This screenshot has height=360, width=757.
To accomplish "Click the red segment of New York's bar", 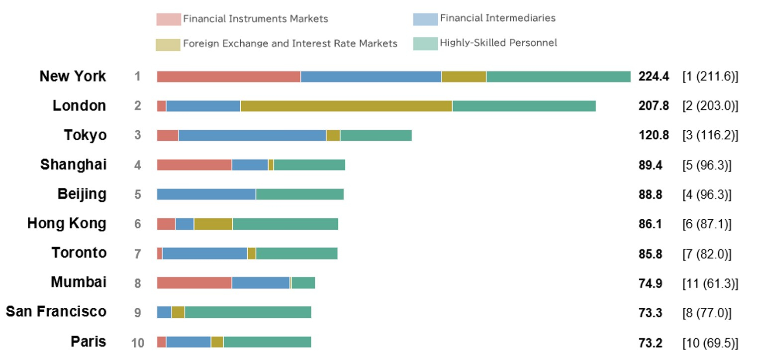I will click(x=228, y=77).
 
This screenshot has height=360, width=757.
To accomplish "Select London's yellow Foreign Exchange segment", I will click(x=346, y=106).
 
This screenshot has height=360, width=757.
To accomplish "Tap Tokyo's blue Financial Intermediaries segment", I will click(x=252, y=135).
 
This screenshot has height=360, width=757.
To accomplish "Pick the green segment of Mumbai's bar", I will click(x=303, y=283).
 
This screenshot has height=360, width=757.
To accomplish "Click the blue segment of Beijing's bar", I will click(x=206, y=194).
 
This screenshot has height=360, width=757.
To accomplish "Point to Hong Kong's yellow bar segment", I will click(x=213, y=224).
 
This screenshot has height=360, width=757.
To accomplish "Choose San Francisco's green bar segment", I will click(x=248, y=312).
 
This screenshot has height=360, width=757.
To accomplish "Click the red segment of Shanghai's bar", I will click(x=194, y=165).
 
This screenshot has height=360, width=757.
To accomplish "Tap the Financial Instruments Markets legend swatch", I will click(x=168, y=19).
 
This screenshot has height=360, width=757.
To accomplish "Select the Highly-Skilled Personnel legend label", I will click(x=498, y=43).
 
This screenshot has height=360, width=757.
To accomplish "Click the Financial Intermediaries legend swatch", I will click(x=425, y=19).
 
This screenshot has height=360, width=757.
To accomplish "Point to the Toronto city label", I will click(x=79, y=253).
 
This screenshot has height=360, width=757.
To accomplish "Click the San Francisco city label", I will click(x=56, y=312).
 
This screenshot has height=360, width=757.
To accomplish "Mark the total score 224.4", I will click(x=654, y=77).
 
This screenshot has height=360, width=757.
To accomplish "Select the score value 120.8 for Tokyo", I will click(x=654, y=135).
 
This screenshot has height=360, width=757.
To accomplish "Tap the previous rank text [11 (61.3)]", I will click(x=710, y=283).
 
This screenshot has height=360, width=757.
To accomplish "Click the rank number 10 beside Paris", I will click(x=137, y=343).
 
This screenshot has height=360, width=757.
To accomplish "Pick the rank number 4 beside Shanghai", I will click(x=137, y=165).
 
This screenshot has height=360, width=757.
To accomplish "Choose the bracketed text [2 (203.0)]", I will click(x=710, y=106).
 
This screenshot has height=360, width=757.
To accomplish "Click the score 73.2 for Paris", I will click(x=650, y=343).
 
